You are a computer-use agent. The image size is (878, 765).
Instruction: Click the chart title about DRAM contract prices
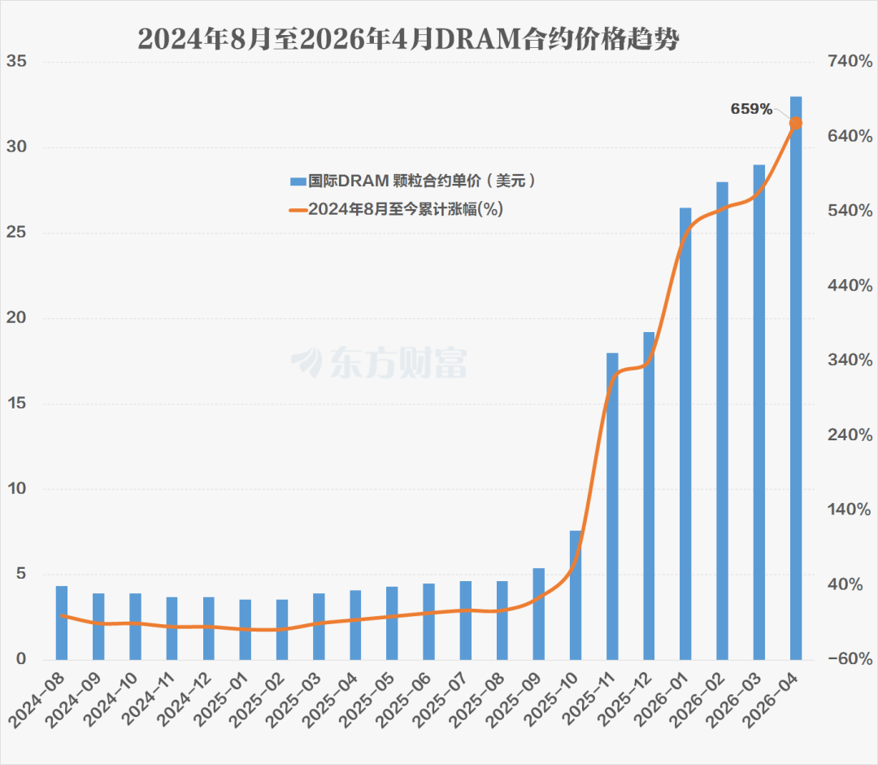pos(409,39)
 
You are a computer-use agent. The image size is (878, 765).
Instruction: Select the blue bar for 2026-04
pos(796,378)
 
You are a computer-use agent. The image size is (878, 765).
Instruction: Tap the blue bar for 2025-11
pos(613,506)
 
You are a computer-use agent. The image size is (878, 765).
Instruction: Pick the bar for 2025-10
pos(576,595)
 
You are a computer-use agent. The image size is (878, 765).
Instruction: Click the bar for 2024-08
pos(62,623)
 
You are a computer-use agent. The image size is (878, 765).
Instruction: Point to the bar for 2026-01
pos(685,434)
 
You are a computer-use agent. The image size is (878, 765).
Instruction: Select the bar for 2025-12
pos(649,496)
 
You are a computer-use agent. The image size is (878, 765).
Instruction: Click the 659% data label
pos(751,109)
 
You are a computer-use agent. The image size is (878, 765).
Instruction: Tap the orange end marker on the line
pos(796,124)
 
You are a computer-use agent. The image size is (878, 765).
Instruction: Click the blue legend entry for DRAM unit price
pos(413,181)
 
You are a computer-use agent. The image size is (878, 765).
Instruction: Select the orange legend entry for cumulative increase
pos(397,210)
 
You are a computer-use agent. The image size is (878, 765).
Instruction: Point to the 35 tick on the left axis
pos(16,61)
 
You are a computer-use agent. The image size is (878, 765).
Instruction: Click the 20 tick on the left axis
pos(16,317)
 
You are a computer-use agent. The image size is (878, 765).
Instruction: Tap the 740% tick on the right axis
pos(850,61)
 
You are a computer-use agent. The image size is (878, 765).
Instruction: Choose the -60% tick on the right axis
pos(850,659)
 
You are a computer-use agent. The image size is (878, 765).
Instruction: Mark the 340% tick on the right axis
pos(850,360)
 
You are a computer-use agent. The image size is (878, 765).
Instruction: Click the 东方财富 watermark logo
pos(379,362)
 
